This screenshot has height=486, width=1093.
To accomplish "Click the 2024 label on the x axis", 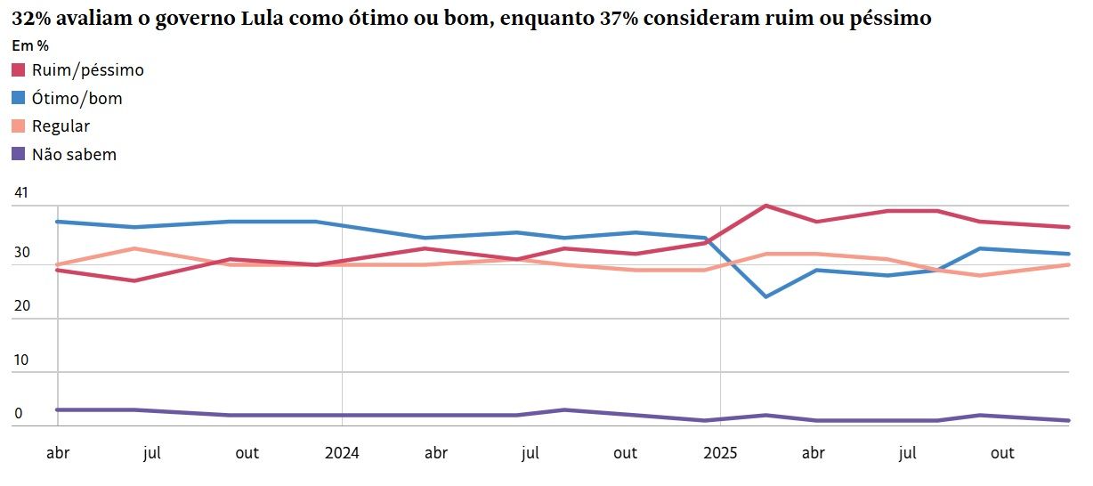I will pyautogui.click(x=342, y=453).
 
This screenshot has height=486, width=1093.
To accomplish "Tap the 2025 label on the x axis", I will pyautogui.click(x=720, y=453).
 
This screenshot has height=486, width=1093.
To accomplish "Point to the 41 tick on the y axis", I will pyautogui.click(x=21, y=193).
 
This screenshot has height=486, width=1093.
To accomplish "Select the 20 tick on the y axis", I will pyautogui.click(x=21, y=305).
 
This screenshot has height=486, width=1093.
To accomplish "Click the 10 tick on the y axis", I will pyautogui.click(x=21, y=360).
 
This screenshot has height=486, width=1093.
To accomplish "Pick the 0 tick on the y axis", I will pyautogui.click(x=18, y=414).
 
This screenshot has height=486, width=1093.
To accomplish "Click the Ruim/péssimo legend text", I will pyautogui.click(x=87, y=70).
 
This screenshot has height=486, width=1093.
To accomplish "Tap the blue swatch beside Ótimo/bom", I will pyautogui.click(x=19, y=99).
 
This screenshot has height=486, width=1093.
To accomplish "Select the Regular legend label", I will pyautogui.click(x=61, y=126).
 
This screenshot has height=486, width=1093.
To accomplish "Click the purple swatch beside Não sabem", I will pyautogui.click(x=19, y=154).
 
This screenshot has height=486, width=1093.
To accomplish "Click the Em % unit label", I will pyautogui.click(x=29, y=45).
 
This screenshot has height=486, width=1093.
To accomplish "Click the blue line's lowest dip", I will pyautogui.click(x=766, y=296).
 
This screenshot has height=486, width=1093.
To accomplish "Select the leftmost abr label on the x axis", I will pyautogui.click(x=57, y=453).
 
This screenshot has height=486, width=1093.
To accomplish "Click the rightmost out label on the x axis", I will pyautogui.click(x=1002, y=453).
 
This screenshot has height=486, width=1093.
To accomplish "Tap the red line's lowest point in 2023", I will pyautogui.click(x=134, y=280).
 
